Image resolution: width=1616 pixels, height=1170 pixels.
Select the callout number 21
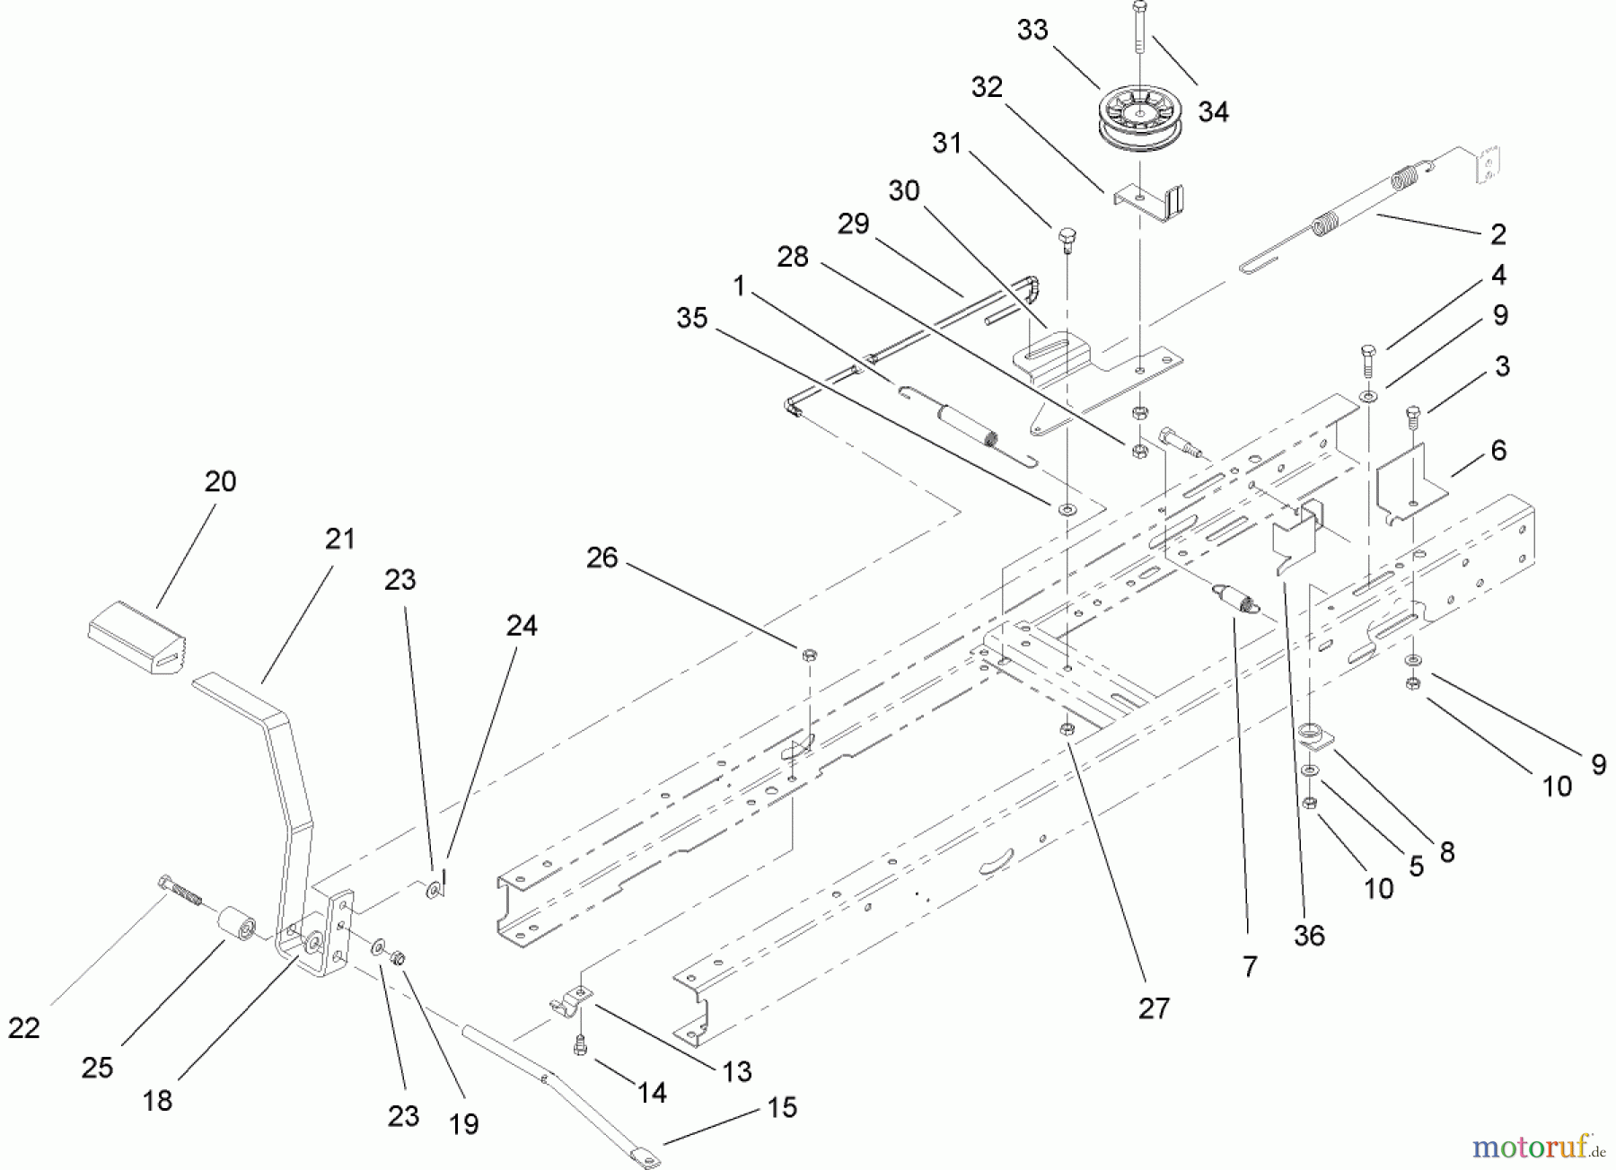[340, 539]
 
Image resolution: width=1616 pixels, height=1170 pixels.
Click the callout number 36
[1309, 936]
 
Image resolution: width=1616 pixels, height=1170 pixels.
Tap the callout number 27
[1154, 1008]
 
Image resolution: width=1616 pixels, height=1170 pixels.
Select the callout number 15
[782, 1107]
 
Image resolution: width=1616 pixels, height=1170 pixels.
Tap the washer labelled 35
[1067, 509]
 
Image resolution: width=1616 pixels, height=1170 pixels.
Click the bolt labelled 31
[1067, 238]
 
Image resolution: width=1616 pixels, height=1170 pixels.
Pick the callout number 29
[853, 224]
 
